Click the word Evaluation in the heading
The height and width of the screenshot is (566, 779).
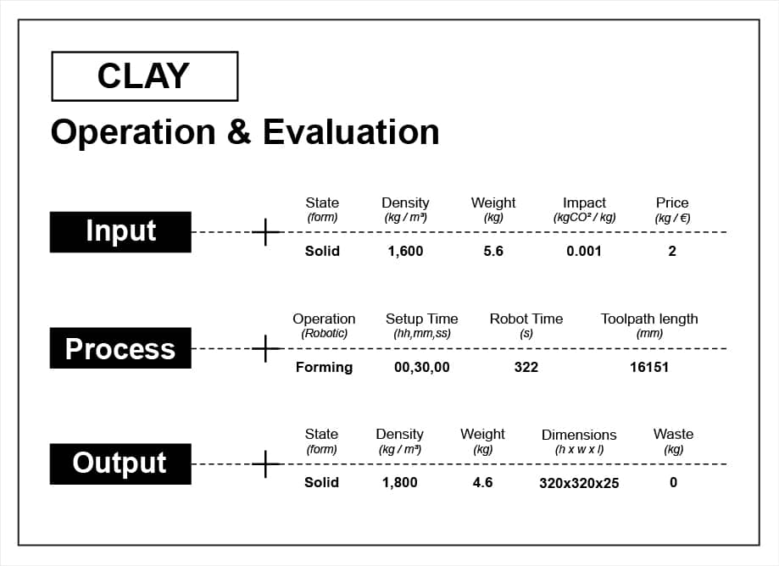coord(351,132)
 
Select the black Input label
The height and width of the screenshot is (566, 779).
coord(120,232)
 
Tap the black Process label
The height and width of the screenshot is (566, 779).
coord(120,348)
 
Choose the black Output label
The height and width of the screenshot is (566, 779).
coord(120,463)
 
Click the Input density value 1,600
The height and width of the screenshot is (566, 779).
coord(405,251)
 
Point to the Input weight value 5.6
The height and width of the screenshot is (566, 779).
coord(493,251)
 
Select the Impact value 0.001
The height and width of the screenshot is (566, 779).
coord(584,251)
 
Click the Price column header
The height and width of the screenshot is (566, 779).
coord(672,203)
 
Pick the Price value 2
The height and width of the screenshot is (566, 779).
coord(672,251)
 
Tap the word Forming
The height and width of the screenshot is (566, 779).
coord(324,368)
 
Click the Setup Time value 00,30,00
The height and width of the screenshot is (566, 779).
coord(422,368)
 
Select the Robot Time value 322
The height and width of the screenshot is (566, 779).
coord(526,368)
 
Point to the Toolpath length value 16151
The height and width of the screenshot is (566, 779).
coord(648,368)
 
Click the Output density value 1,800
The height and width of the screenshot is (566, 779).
coord(399,483)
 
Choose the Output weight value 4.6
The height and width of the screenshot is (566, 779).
coord(482,483)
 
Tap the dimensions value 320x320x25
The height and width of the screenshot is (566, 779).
coord(579,483)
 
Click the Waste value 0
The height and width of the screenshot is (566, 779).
coord(673,483)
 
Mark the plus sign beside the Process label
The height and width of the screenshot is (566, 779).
coord(266,348)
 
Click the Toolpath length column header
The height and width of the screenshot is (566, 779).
coord(649,319)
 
